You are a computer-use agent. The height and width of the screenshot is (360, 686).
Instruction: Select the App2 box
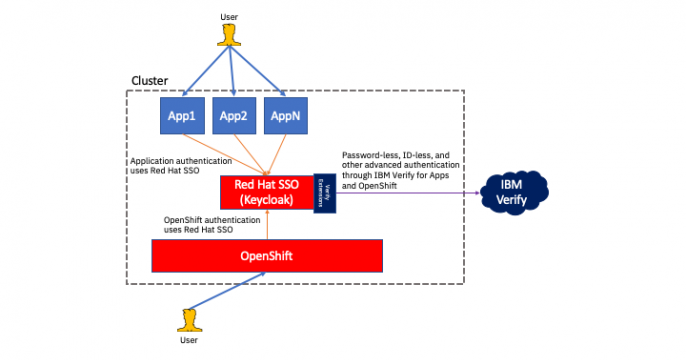click(233, 116)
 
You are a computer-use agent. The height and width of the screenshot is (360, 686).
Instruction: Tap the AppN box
click(284, 116)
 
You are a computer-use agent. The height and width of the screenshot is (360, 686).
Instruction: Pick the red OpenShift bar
click(267, 256)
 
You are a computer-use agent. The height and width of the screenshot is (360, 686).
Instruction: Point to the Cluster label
click(150, 80)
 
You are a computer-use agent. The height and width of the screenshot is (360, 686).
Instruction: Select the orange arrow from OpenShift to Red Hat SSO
click(267, 222)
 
